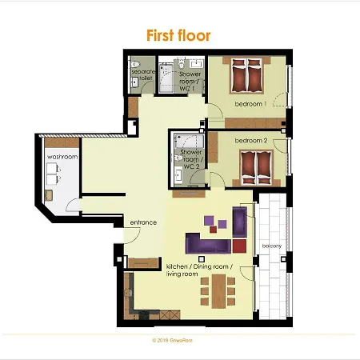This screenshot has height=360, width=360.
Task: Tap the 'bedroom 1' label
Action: (x=250, y=104)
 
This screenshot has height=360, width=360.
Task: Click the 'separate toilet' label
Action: (x=141, y=76)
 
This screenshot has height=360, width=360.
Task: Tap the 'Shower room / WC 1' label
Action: (x=190, y=82)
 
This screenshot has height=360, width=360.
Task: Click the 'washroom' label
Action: (x=62, y=157)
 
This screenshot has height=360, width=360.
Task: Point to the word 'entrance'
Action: (x=143, y=222)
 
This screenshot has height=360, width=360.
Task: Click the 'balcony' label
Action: (x=271, y=246)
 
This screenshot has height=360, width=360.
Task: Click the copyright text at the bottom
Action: (x=178, y=339)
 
